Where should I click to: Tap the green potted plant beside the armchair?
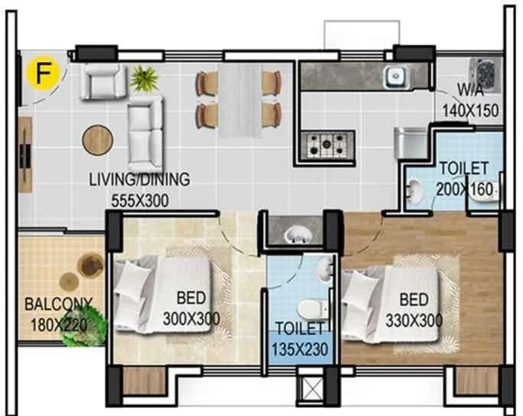point(144,78)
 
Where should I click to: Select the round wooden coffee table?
point(97,140)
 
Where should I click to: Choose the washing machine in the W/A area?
point(486,75)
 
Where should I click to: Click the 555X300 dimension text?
point(140,201)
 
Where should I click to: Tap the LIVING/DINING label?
point(139,180)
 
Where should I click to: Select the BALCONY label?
point(59,304)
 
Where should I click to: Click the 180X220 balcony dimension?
point(59,325)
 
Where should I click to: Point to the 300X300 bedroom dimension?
point(191,319)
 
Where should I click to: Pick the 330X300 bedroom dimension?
point(414,321)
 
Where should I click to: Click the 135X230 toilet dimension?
point(300,350)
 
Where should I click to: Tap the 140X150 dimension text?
point(470,110)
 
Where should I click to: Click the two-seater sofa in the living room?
point(146,134)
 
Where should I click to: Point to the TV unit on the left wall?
point(25,155)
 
